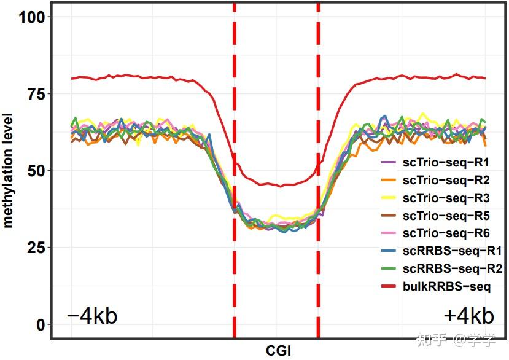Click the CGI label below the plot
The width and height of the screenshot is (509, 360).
pyautogui.click(x=278, y=351)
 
